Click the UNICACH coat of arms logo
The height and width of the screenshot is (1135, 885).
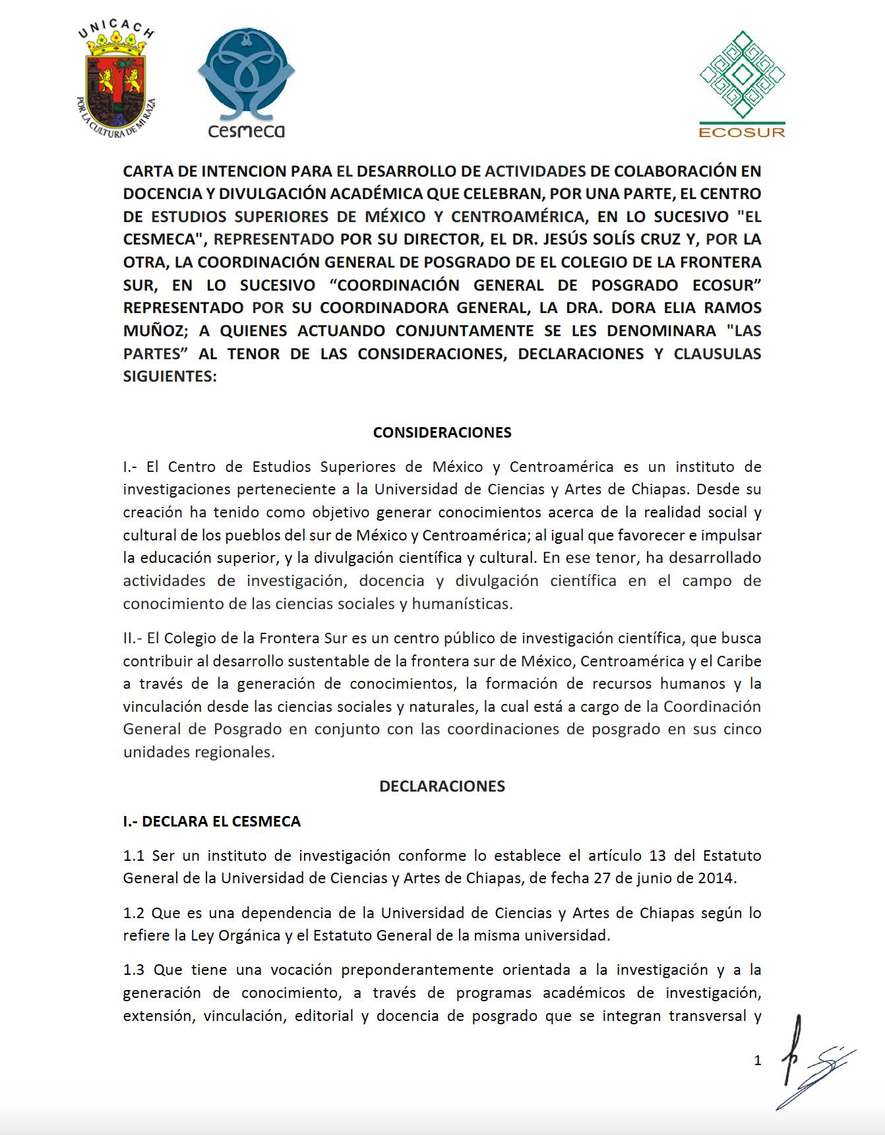(x=116, y=82)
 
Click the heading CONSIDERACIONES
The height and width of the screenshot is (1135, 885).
(x=442, y=432)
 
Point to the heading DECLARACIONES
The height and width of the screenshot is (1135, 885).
(x=442, y=786)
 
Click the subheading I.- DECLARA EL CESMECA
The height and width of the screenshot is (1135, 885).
(x=212, y=821)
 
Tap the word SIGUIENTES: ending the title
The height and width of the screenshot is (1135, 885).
(x=169, y=376)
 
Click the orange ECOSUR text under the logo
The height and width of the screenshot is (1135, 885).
(x=742, y=132)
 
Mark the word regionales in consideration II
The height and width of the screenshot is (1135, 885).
(x=235, y=752)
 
